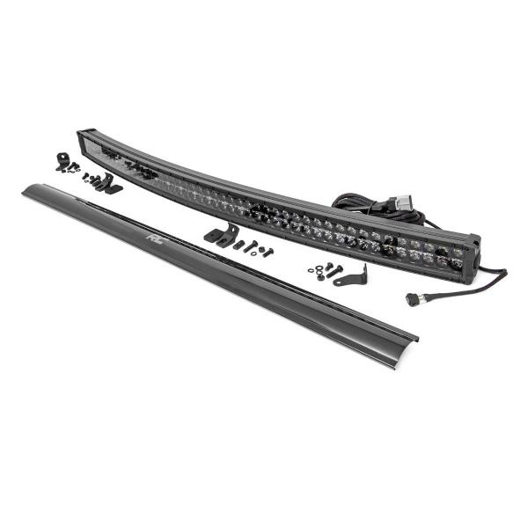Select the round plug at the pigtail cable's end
413,298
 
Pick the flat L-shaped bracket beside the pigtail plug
350,277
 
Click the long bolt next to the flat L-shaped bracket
334,271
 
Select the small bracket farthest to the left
62,161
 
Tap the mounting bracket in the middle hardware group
221,233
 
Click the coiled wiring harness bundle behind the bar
367,206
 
